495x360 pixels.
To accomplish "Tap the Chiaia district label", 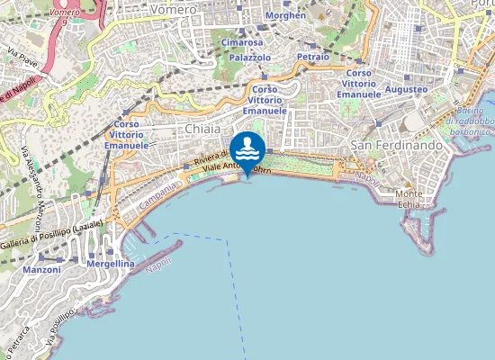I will (202, 130).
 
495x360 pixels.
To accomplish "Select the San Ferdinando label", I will (397, 146).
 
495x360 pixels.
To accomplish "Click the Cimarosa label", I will (241, 42).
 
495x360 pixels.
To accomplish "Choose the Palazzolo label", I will (250, 57).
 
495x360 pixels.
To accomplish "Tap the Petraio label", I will (312, 56).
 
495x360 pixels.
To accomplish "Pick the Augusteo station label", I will (406, 90).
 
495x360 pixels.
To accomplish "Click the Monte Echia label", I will (409, 199).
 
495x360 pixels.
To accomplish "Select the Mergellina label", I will (111, 264).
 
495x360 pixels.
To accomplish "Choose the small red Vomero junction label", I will (64, 13).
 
